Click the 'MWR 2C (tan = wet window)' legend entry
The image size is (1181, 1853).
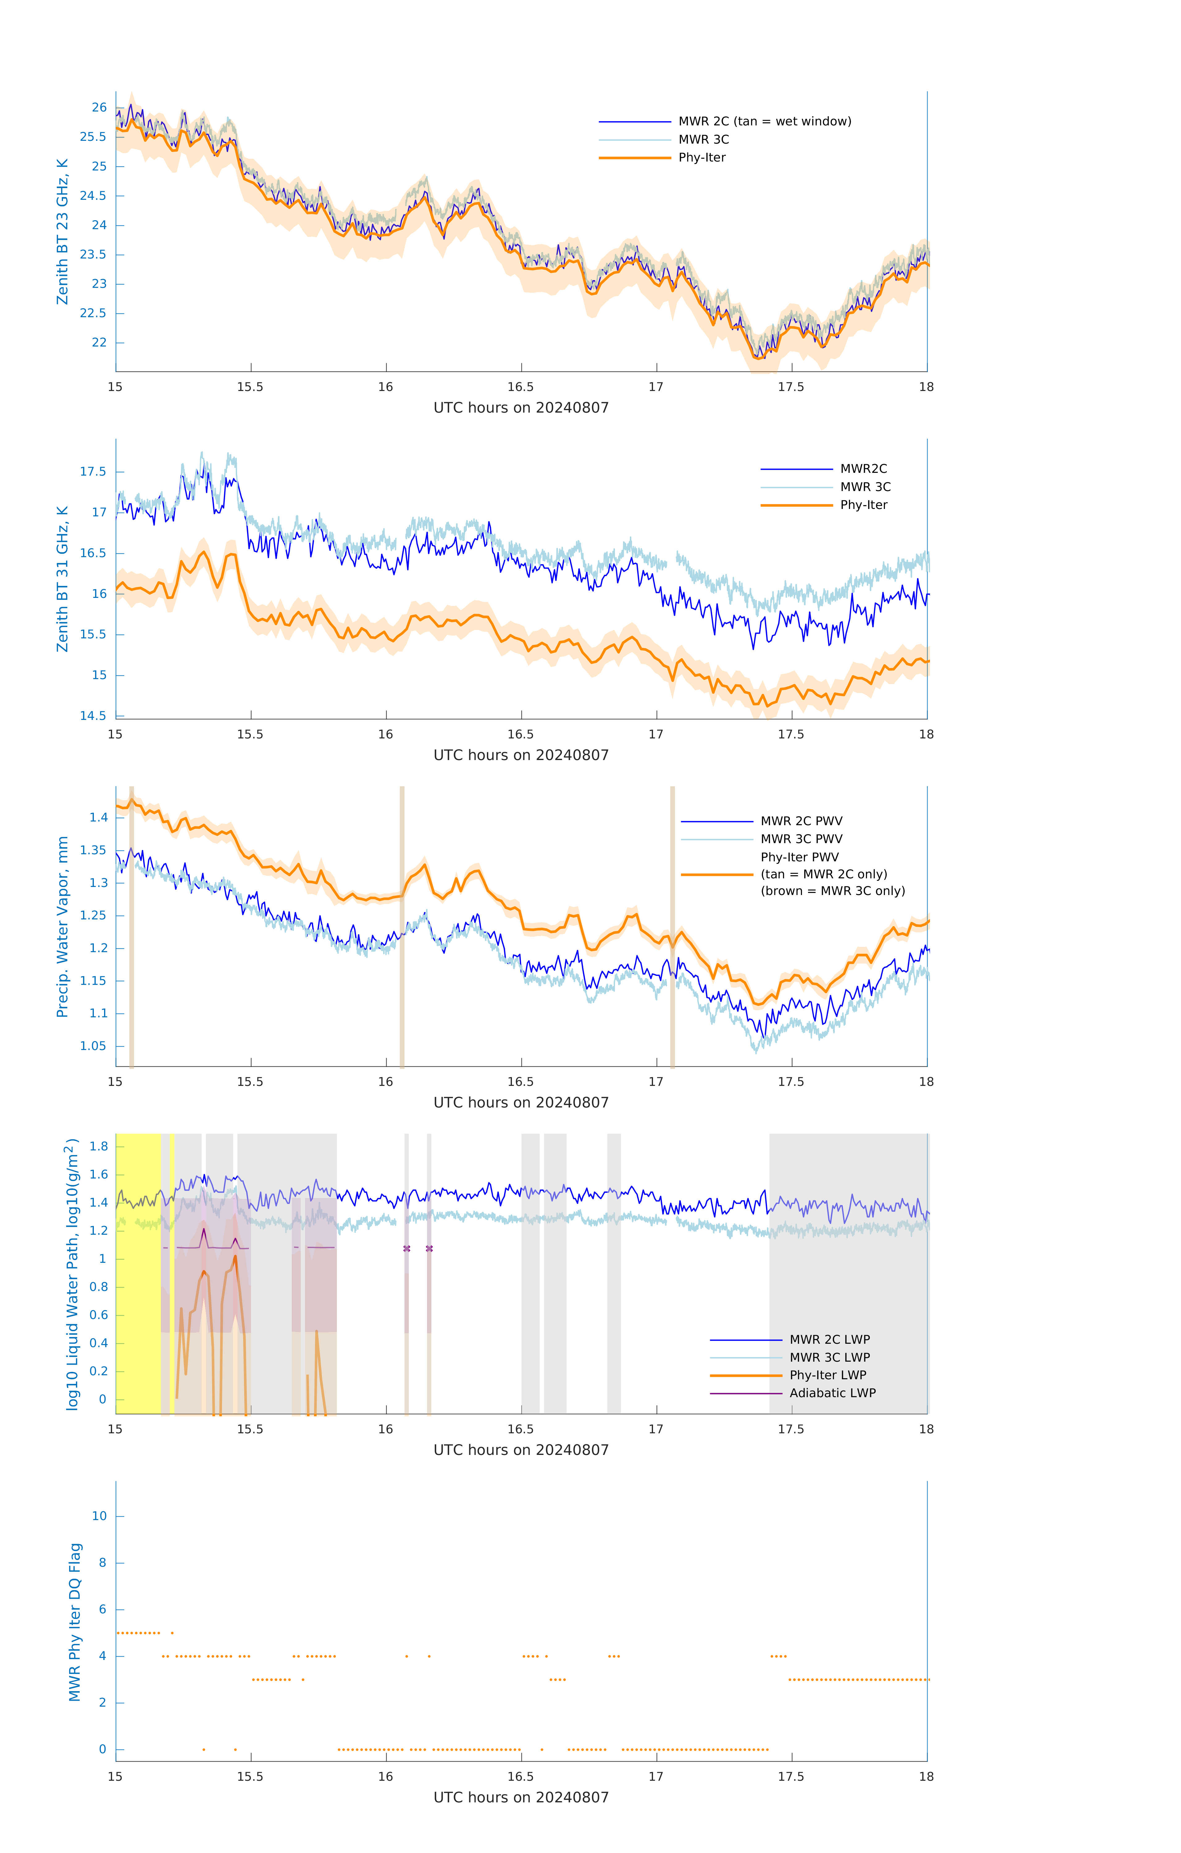pyautogui.click(x=764, y=122)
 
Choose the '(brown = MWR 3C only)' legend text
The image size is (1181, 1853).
pyautogui.click(x=832, y=891)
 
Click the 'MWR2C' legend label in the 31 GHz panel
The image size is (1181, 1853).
pyautogui.click(x=863, y=469)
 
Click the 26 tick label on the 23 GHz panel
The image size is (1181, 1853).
pyautogui.click(x=99, y=108)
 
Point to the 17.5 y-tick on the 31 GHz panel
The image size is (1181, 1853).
pyautogui.click(x=93, y=472)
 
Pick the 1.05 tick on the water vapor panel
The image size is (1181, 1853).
pyautogui.click(x=93, y=1046)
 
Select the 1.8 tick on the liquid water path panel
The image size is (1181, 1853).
pyautogui.click(x=98, y=1147)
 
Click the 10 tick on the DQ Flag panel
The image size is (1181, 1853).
pyautogui.click(x=99, y=1516)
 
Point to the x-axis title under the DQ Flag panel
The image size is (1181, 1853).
pyautogui.click(x=521, y=1798)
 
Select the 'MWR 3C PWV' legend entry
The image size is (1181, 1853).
pyautogui.click(x=801, y=839)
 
